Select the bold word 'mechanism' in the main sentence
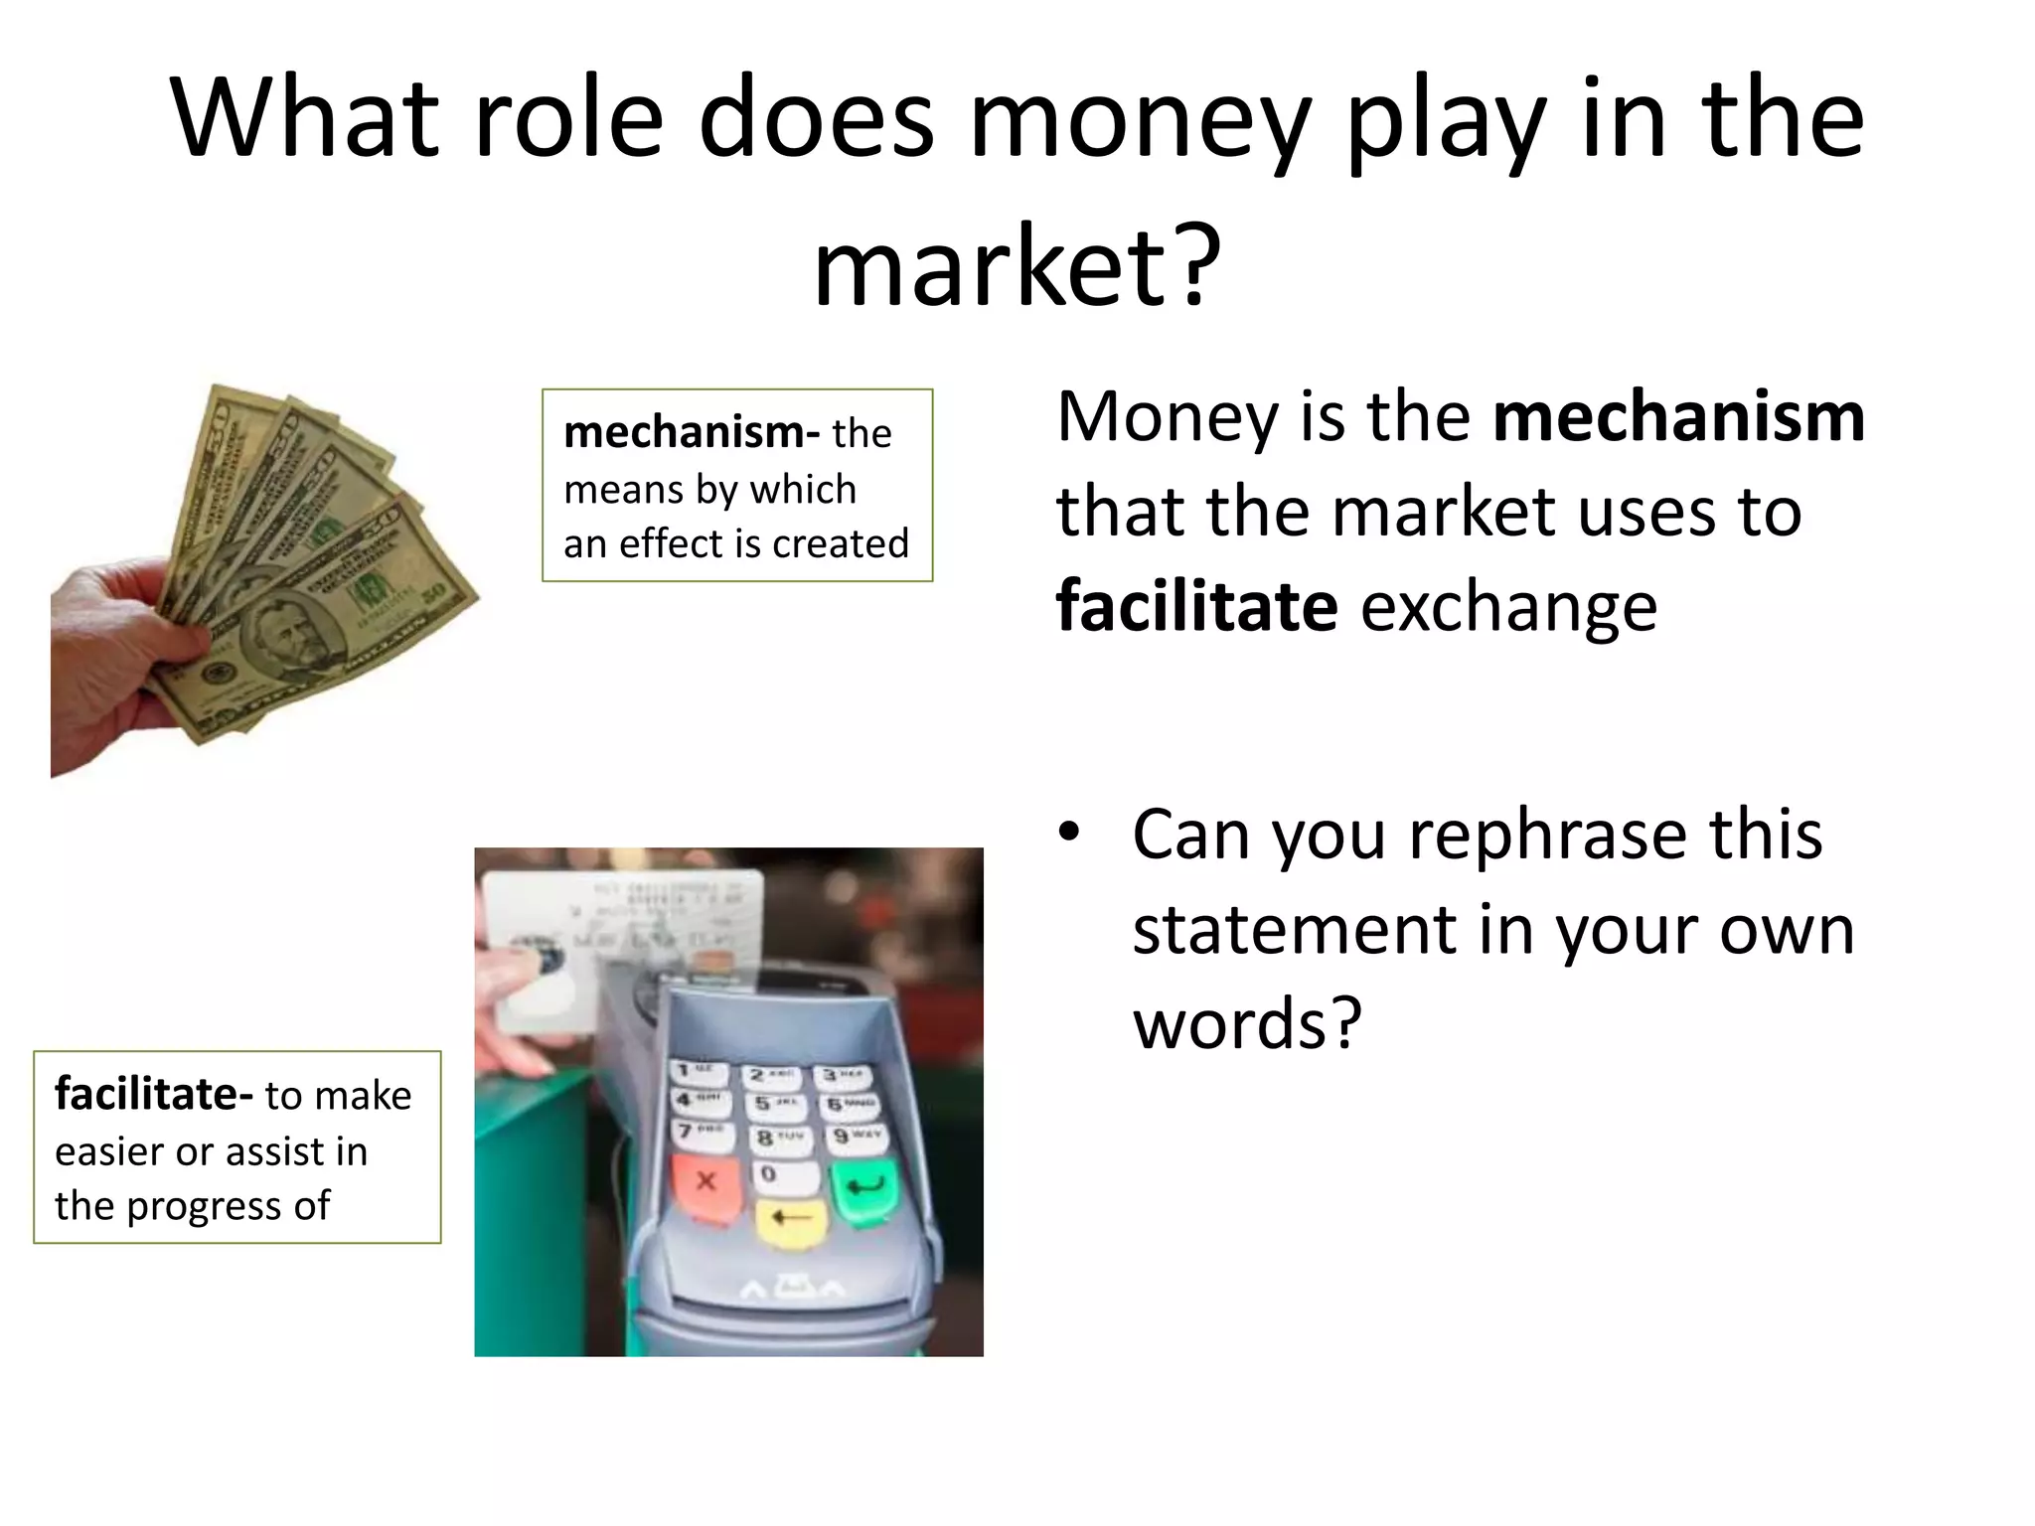[x=1678, y=416]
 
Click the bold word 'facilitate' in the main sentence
[x=1196, y=606]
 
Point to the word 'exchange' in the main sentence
[x=1508, y=606]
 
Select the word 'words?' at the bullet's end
[x=1247, y=1023]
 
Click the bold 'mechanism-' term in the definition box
[x=692, y=432]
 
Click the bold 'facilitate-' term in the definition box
[x=154, y=1095]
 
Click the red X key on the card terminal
[x=705, y=1182]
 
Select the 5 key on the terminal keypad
[x=774, y=1104]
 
